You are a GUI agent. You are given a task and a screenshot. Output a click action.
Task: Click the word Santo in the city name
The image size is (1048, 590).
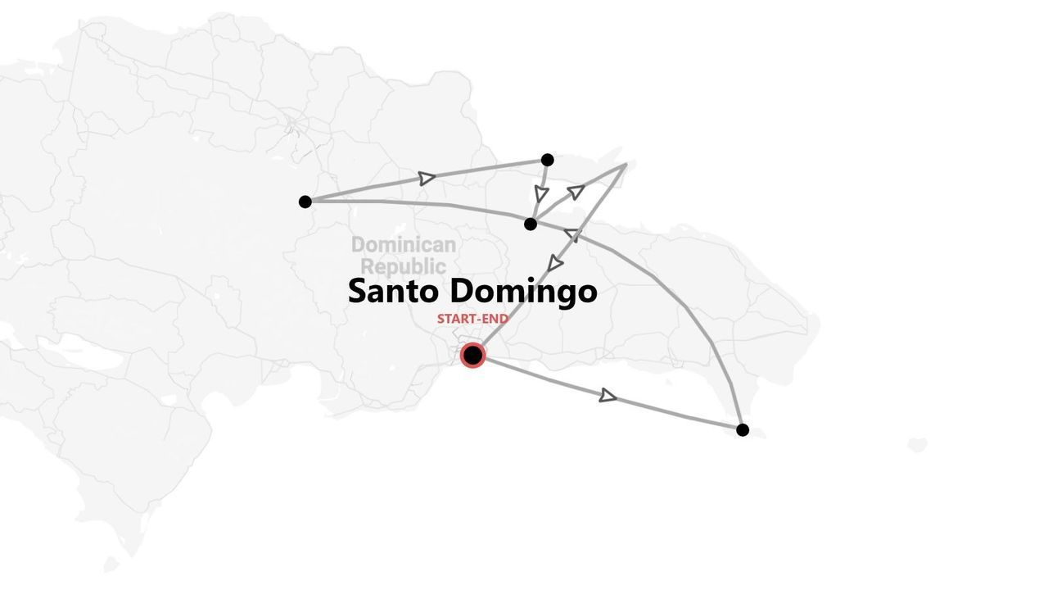[395, 292]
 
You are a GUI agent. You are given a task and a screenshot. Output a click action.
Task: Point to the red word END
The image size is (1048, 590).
[496, 319]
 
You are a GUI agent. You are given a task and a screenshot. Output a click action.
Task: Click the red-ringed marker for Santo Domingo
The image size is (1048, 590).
[472, 355]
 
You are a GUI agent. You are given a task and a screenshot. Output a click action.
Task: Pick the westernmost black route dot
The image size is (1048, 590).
[305, 202]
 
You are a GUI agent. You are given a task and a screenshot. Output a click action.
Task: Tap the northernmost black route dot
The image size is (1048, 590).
[548, 160]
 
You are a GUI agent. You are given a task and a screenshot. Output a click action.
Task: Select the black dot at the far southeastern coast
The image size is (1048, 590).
[743, 429]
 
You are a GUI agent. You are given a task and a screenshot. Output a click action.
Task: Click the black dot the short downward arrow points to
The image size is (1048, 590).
[531, 224]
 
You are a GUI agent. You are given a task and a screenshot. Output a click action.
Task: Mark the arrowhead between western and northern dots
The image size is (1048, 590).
[426, 179]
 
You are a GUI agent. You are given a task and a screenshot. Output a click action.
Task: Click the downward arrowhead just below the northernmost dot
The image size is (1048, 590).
[541, 194]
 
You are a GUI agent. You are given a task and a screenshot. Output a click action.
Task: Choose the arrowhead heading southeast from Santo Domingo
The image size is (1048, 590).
[608, 397]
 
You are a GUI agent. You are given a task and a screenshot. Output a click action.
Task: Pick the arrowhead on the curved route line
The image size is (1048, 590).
[572, 235]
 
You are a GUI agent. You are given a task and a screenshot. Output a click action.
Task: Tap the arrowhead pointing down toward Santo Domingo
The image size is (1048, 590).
[554, 264]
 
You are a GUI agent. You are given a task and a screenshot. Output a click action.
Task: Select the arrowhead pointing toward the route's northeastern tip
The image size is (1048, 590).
[576, 192]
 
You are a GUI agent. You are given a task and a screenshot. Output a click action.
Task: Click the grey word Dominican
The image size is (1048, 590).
[403, 245]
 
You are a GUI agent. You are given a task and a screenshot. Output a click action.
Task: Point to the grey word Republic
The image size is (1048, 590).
[404, 266]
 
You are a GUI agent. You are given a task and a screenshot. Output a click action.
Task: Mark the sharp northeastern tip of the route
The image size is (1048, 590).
[626, 165]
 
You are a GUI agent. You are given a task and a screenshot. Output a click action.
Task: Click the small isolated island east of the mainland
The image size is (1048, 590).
[917, 446]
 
